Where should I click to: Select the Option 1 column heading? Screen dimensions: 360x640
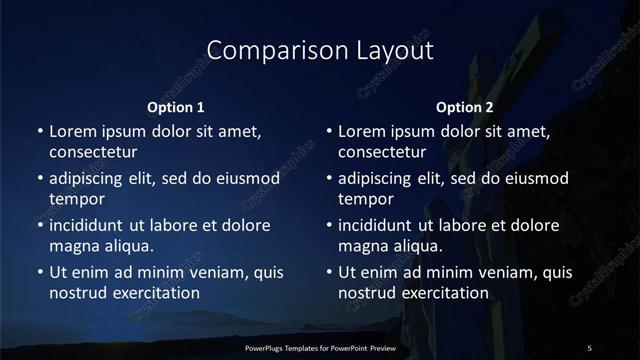click(x=176, y=106)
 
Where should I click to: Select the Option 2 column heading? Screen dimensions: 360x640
click(x=465, y=106)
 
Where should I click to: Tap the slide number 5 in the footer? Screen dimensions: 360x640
click(x=589, y=347)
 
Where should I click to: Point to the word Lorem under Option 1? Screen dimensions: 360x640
click(x=73, y=131)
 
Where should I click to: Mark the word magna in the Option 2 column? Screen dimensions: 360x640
click(x=362, y=246)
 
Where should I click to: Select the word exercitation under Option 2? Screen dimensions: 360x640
click(x=442, y=293)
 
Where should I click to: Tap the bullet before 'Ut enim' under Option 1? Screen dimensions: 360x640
click(x=40, y=272)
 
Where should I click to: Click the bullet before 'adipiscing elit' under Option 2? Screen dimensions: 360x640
click(x=329, y=178)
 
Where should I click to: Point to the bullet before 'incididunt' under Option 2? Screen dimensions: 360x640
click(x=329, y=225)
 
